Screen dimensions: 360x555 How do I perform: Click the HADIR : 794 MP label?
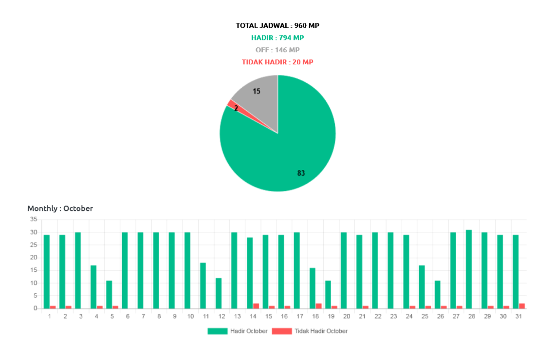pyautogui.click(x=277, y=38)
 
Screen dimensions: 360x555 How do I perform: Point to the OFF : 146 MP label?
pyautogui.click(x=277, y=50)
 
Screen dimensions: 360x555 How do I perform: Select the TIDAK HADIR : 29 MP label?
pyautogui.click(x=277, y=62)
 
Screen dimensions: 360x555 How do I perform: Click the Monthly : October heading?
pyautogui.click(x=60, y=208)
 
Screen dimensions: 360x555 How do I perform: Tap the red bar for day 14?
pyautogui.click(x=256, y=305)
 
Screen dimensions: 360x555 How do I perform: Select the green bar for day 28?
pyautogui.click(x=468, y=268)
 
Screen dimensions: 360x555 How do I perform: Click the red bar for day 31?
pyautogui.click(x=522, y=305)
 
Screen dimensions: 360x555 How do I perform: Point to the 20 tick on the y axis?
pyautogui.click(x=34, y=258)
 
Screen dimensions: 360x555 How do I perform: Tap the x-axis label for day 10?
pyautogui.click(x=190, y=317)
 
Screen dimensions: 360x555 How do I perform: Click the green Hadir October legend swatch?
pyautogui.click(x=217, y=331)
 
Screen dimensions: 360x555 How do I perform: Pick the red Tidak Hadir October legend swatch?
pyautogui.click(x=281, y=331)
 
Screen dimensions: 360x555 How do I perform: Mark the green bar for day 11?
pyautogui.click(x=203, y=285)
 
